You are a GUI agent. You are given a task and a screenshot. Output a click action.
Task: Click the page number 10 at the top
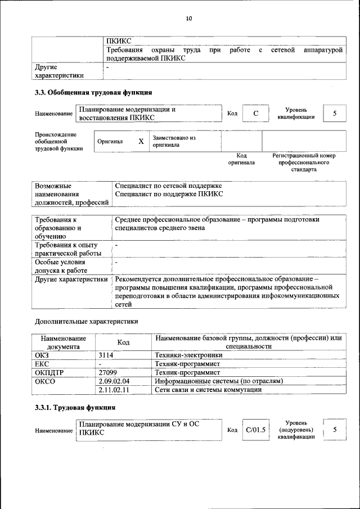[188, 19]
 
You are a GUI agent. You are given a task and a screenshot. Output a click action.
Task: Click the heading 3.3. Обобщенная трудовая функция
[93, 92]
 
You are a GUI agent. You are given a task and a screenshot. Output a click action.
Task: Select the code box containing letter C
[255, 114]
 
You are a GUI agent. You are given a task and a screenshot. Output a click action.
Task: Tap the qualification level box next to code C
[335, 114]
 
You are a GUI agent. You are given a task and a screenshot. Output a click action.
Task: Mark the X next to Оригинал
[141, 142]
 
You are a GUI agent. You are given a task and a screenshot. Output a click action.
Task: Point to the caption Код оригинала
[241, 159]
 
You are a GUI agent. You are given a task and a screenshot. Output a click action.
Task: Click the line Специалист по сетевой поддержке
[168, 186]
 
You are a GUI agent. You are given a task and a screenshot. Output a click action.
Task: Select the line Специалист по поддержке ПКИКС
[169, 194]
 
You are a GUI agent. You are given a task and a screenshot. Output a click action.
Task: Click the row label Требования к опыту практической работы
[67, 249]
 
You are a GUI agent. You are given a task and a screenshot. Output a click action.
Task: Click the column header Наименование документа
[63, 343]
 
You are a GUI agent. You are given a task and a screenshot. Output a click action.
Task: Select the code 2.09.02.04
[114, 381]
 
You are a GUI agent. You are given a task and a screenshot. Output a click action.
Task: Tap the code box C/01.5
[255, 430]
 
